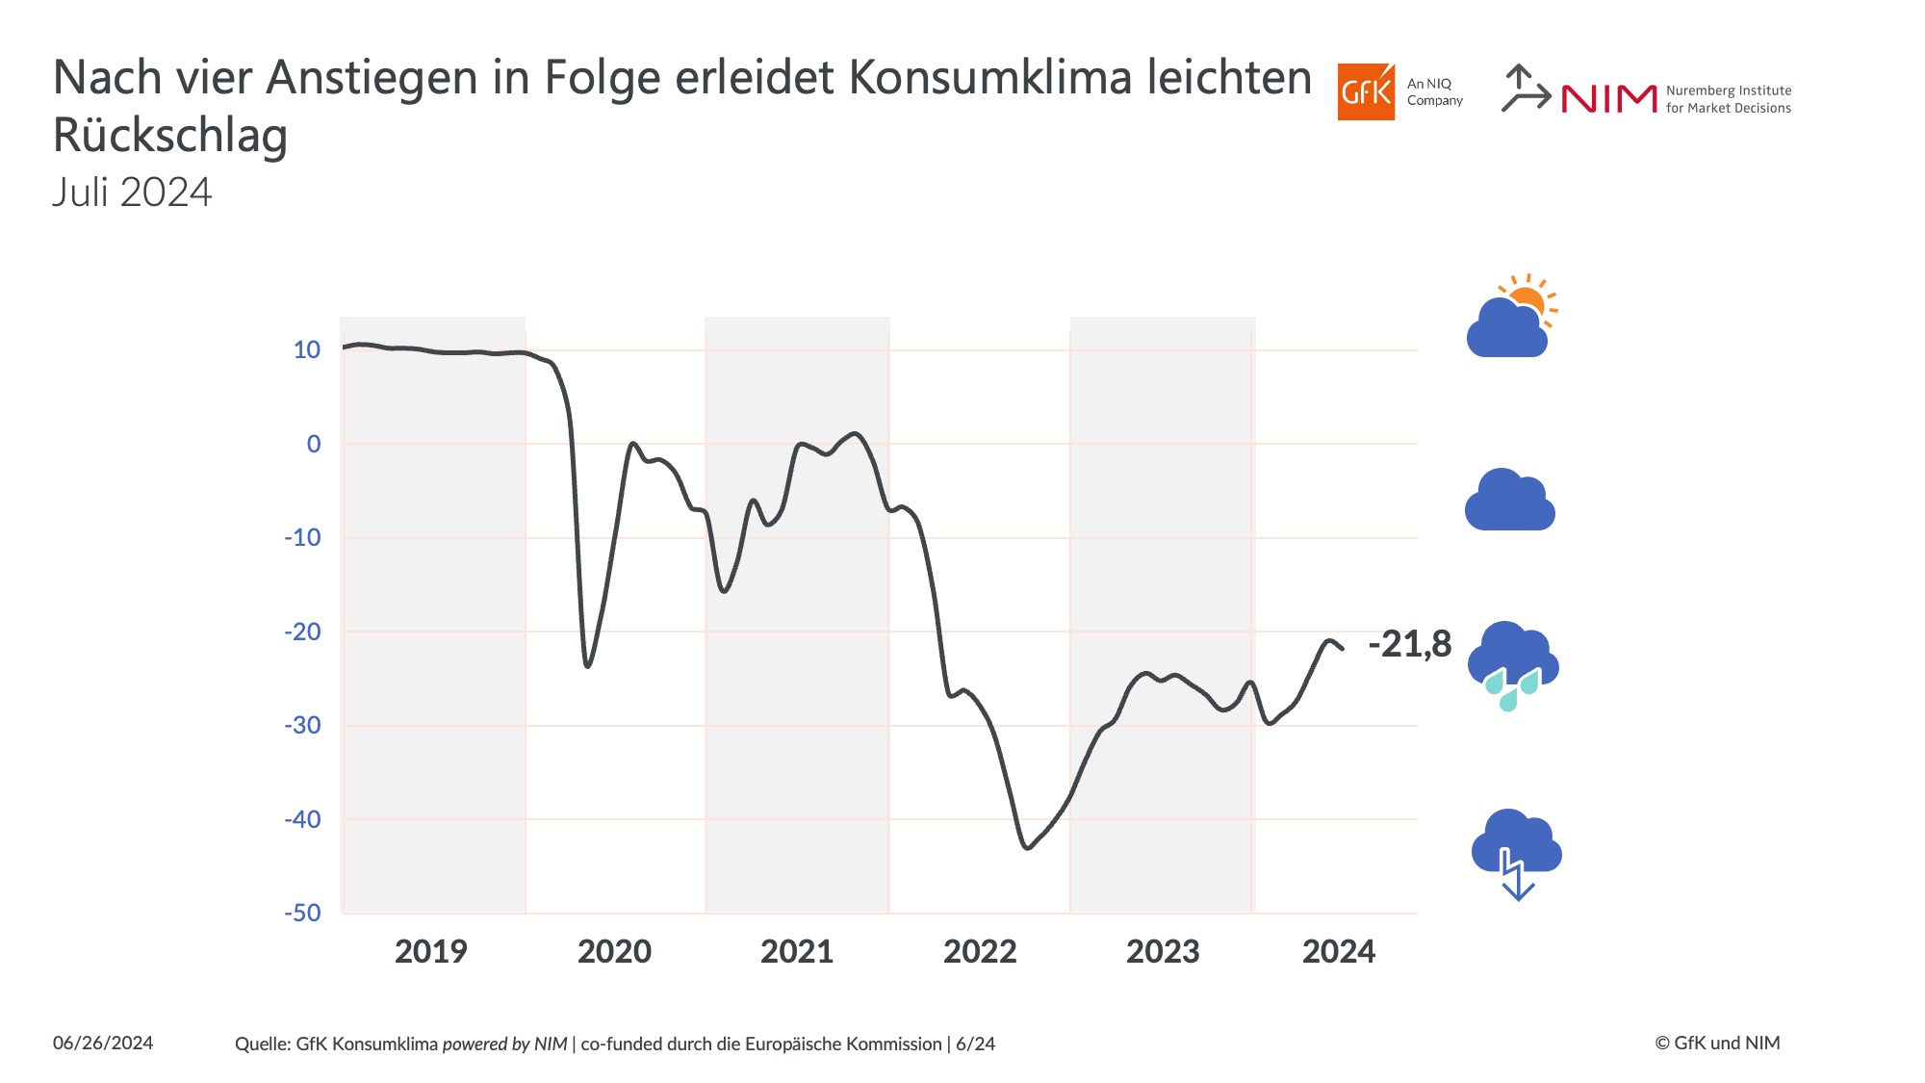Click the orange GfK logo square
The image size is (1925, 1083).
pyautogui.click(x=1365, y=92)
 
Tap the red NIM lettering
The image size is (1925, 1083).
pyautogui.click(x=1608, y=98)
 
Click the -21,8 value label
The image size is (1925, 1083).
pyautogui.click(x=1409, y=644)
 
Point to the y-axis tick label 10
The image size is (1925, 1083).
pyautogui.click(x=307, y=349)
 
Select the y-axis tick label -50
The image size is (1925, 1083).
pyautogui.click(x=302, y=913)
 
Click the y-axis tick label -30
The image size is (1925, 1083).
pyautogui.click(x=302, y=725)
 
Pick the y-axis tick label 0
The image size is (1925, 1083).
pyautogui.click(x=314, y=444)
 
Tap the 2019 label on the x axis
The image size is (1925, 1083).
pyautogui.click(x=430, y=951)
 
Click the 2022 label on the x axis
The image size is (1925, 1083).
pyautogui.click(x=980, y=951)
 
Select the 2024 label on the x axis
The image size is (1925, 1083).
pyautogui.click(x=1339, y=951)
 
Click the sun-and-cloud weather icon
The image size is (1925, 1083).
pyautogui.click(x=1511, y=318)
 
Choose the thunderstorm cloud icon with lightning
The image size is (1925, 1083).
pyautogui.click(x=1516, y=853)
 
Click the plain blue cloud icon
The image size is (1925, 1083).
pyautogui.click(x=1509, y=501)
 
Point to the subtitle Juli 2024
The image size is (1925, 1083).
pyautogui.click(x=132, y=193)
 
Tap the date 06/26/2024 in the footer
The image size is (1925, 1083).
pyautogui.click(x=103, y=1044)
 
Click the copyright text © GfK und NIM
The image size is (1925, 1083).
pyautogui.click(x=1717, y=1044)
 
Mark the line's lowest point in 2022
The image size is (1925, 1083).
pyautogui.click(x=1028, y=848)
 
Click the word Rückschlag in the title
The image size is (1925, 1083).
pyautogui.click(x=170, y=135)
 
